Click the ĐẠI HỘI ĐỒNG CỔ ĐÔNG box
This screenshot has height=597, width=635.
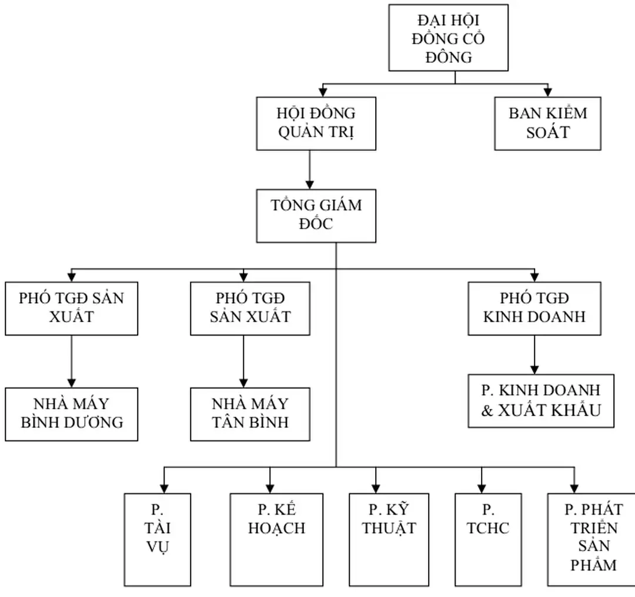448,38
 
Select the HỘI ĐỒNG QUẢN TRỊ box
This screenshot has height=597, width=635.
316,123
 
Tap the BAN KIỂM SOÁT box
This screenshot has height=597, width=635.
547,123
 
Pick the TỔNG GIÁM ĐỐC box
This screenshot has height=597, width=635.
316,216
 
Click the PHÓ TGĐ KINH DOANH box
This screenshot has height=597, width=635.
534,308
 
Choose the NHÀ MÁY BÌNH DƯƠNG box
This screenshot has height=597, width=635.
72,414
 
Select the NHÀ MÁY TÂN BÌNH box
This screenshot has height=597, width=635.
250,414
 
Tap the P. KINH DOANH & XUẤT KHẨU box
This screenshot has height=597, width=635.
541,401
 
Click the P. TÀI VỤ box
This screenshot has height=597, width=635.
158,539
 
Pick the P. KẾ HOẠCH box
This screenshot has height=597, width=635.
276,539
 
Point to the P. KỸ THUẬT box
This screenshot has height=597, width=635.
389,539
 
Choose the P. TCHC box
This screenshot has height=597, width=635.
488,539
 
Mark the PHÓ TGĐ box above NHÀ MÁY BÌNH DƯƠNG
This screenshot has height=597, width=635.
72,308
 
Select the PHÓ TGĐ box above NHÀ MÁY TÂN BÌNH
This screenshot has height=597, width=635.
250,308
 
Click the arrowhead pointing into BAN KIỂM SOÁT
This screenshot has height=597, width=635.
547,92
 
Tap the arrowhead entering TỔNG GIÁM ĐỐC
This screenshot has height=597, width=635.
310,185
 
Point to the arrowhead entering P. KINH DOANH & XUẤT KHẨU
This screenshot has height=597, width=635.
534,370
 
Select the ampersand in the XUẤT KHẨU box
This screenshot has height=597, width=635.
487,410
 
